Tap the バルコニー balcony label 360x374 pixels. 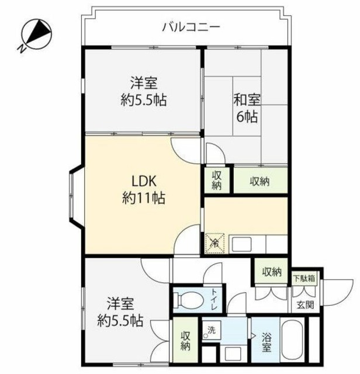pos(191,27)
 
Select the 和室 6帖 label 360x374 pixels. pos(247,108)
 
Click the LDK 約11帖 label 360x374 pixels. pos(144,189)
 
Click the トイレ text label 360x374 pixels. pos(214,299)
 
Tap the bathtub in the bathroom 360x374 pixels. pos(292,340)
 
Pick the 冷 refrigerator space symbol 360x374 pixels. pos(215,243)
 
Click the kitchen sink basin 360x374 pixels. pos(241,244)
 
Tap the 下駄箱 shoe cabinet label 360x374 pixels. pos(304,278)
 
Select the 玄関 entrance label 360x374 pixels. pos(306,304)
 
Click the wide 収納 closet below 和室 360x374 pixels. pos(260,181)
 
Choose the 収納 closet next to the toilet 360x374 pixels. pos(185,341)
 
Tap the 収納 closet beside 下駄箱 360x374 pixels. pos(272,272)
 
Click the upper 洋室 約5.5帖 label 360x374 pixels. pos(144,91)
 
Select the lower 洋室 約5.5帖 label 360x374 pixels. pos(120,312)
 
